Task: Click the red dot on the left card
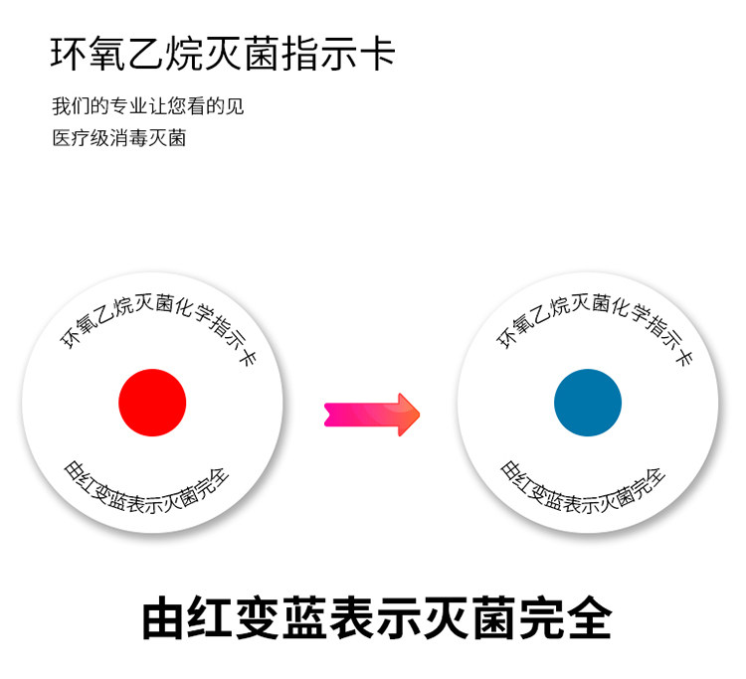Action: point(152,403)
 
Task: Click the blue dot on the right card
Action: point(588,403)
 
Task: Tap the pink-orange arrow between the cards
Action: point(372,415)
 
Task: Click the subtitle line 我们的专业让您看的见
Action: point(148,106)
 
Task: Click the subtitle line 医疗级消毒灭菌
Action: point(119,137)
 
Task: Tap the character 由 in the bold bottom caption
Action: point(165,617)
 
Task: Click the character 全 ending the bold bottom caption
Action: point(584,617)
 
